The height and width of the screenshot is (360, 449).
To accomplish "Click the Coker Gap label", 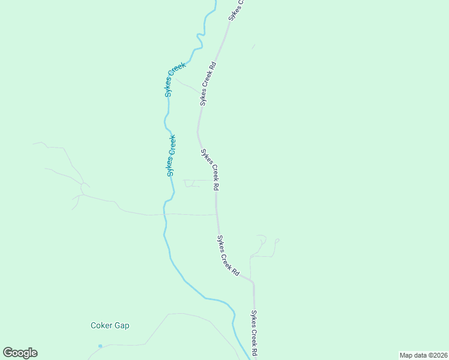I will tap(110, 326).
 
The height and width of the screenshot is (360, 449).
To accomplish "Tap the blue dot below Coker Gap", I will tap(100, 346).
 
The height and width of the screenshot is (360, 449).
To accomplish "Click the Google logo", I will tap(20, 353).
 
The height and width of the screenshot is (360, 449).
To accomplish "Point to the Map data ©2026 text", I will tap(423, 355).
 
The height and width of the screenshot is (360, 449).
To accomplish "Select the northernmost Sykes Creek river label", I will tap(175, 79).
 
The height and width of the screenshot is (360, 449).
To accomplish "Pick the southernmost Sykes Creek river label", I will tap(171, 155).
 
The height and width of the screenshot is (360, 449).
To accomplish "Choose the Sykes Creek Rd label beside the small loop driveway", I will tap(209, 170).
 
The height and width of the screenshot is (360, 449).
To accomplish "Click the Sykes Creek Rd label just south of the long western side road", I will tap(228, 255).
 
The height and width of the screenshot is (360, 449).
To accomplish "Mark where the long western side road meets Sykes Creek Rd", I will tap(217, 214).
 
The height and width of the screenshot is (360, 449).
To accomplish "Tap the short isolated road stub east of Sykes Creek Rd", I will tap(253, 46).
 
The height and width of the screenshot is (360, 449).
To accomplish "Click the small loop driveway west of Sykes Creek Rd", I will tap(191, 184).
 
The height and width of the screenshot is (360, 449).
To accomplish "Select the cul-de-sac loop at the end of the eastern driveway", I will tap(277, 241).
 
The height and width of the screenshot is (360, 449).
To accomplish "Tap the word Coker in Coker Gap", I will tap(101, 326).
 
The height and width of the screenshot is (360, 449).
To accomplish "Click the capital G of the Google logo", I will tap(8, 353).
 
